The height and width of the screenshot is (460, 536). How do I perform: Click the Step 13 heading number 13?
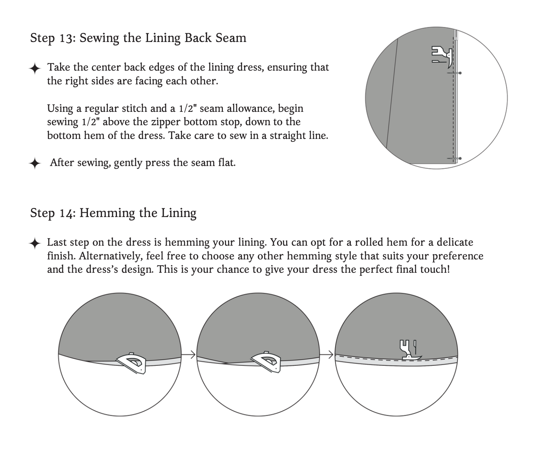click(x=66, y=38)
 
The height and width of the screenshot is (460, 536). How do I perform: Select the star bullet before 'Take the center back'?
click(x=35, y=68)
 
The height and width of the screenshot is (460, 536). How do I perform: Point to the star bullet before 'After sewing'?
click(x=35, y=163)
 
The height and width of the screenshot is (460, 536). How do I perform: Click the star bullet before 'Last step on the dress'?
click(x=35, y=243)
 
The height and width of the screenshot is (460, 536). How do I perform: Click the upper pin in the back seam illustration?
click(x=455, y=73)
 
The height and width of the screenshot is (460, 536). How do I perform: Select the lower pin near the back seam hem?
click(x=455, y=159)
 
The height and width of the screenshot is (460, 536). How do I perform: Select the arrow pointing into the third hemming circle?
click(x=327, y=355)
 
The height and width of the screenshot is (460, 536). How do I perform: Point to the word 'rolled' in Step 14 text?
click(x=368, y=243)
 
